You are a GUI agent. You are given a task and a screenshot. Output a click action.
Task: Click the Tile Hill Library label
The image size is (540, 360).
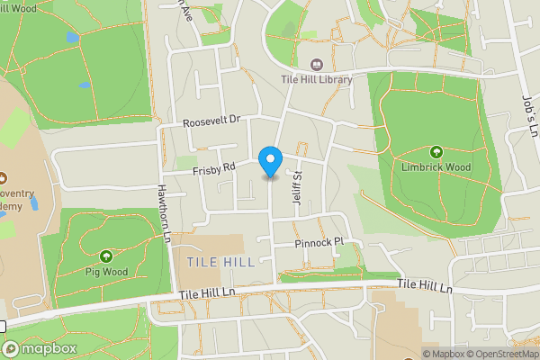point(316,79)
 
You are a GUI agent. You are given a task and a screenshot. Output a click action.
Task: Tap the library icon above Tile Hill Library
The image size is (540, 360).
point(316,64)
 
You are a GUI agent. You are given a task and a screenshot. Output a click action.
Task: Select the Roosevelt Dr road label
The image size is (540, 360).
point(212,120)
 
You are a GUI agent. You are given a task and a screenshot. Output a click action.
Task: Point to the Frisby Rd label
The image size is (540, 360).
point(213,167)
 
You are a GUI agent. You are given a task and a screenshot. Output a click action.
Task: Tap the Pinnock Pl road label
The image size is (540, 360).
point(319,244)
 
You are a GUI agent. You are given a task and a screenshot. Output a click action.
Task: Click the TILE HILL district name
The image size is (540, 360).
point(221,261)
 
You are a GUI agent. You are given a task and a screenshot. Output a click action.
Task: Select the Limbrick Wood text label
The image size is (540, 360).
point(436,166)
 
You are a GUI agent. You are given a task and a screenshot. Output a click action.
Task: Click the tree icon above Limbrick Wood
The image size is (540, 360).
point(436,152)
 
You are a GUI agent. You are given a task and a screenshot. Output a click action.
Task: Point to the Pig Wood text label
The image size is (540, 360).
point(106,271)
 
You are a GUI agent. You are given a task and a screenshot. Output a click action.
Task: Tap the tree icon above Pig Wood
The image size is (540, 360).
point(106,256)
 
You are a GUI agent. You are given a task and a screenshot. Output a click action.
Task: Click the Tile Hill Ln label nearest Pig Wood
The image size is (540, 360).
point(206,293)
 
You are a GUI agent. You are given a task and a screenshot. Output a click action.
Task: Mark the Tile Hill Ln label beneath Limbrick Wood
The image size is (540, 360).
point(424,286)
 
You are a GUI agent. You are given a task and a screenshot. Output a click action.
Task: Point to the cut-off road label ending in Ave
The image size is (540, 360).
point(185,12)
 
